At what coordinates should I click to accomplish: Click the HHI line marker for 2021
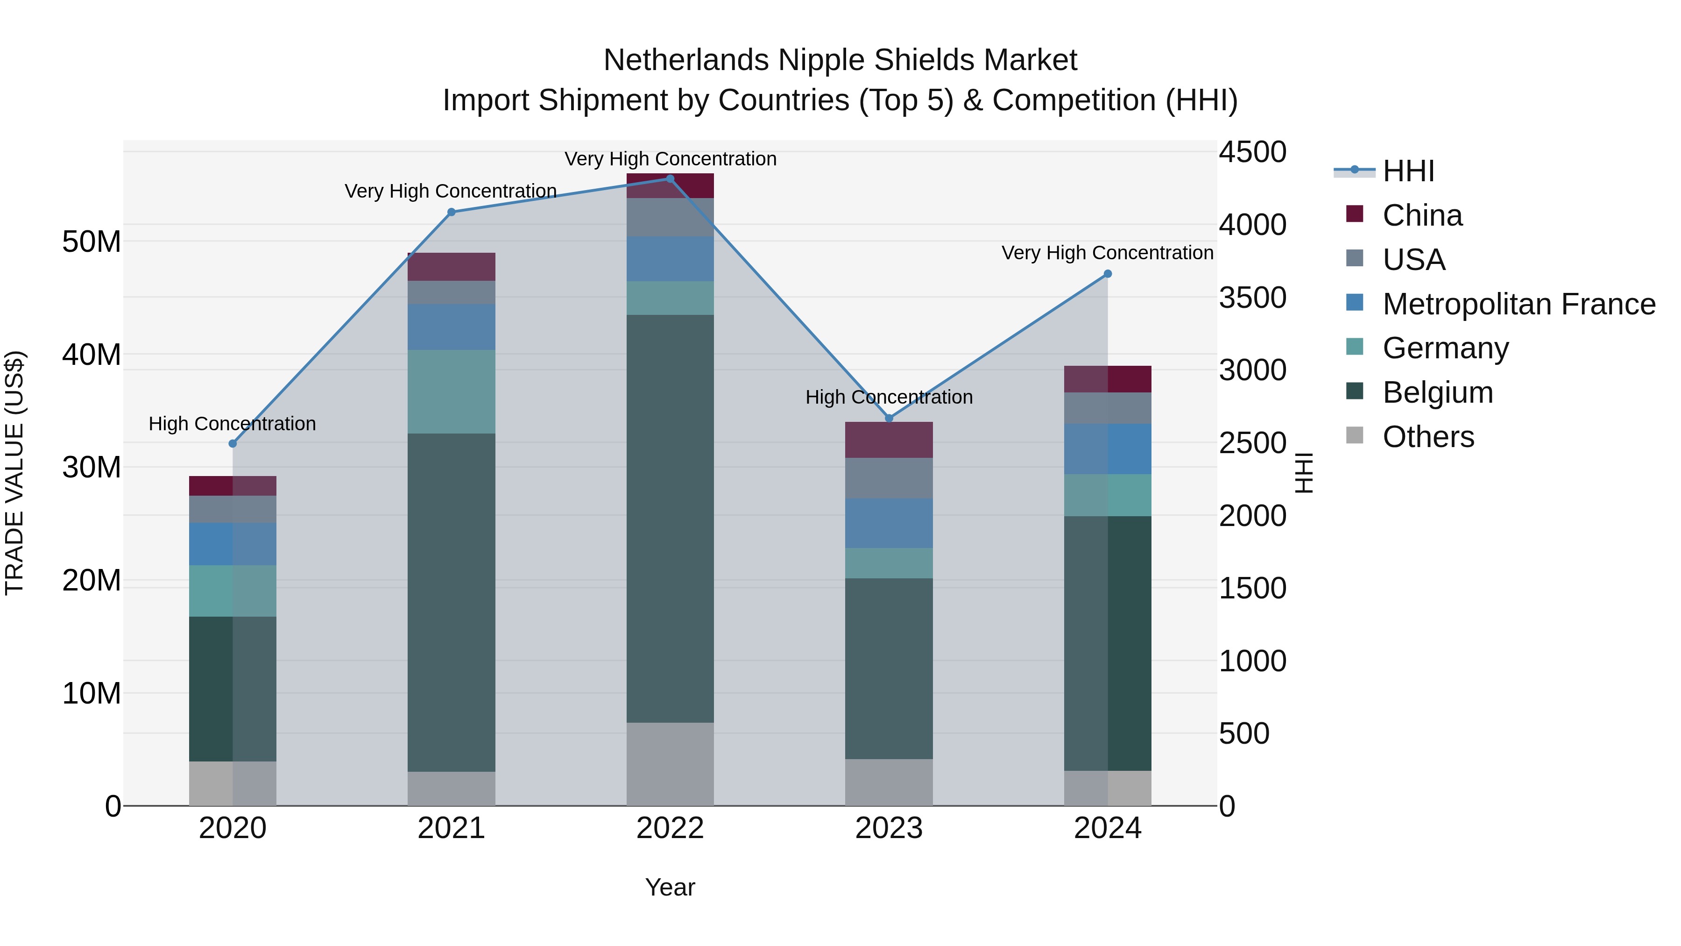pyautogui.click(x=451, y=212)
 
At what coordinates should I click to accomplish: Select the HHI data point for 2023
pyautogui.click(x=889, y=418)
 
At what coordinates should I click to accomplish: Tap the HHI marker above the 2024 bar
pyautogui.click(x=1108, y=274)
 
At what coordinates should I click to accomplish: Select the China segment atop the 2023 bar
pyautogui.click(x=889, y=440)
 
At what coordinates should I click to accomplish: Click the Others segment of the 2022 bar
pyautogui.click(x=670, y=763)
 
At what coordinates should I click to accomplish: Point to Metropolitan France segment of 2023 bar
pyautogui.click(x=889, y=523)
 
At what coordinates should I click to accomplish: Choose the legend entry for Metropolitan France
pyautogui.click(x=1518, y=304)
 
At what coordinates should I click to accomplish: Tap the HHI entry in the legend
pyautogui.click(x=1408, y=171)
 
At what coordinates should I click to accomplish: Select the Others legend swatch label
pyautogui.click(x=1428, y=437)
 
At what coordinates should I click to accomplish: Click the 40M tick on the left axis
pyautogui.click(x=92, y=355)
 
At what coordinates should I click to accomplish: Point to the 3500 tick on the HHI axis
pyautogui.click(x=1251, y=298)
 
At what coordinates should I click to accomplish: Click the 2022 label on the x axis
pyautogui.click(x=670, y=828)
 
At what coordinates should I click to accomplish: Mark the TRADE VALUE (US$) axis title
pyautogui.click(x=14, y=473)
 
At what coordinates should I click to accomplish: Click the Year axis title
pyautogui.click(x=670, y=887)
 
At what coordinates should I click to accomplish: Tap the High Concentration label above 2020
pyautogui.click(x=233, y=424)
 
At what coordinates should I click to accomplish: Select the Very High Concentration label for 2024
pyautogui.click(x=1108, y=253)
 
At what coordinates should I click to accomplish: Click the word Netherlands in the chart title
pyautogui.click(x=686, y=60)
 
